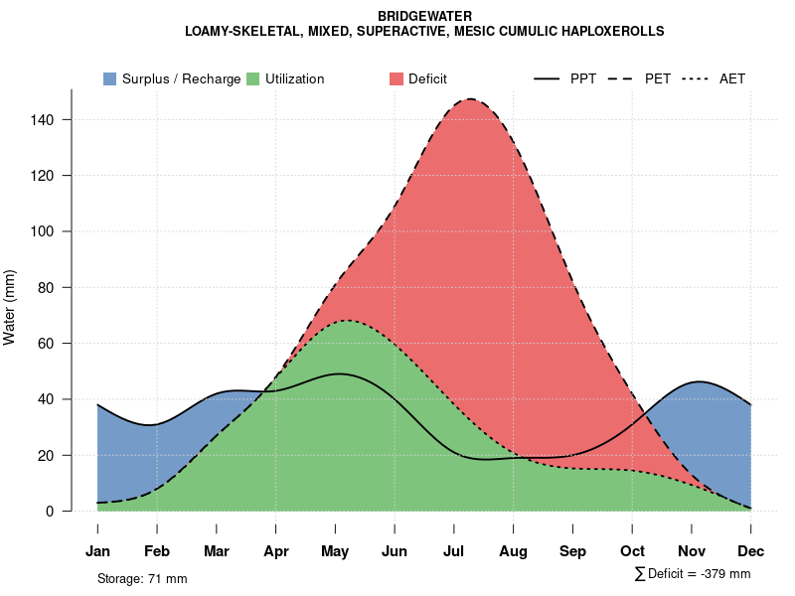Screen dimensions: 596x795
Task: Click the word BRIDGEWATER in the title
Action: pyautogui.click(x=424, y=17)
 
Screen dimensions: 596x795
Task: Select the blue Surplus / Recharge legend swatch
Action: pyautogui.click(x=110, y=78)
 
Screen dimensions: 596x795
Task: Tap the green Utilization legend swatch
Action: pyautogui.click(x=252, y=78)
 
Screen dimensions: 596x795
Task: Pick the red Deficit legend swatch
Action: pyautogui.click(x=396, y=78)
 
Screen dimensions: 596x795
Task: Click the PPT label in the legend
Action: pyautogui.click(x=583, y=78)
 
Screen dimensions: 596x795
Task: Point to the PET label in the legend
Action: pyautogui.click(x=658, y=78)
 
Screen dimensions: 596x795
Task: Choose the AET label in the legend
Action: pyautogui.click(x=732, y=78)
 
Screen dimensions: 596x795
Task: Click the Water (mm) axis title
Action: pyautogui.click(x=11, y=307)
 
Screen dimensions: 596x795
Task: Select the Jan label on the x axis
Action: pyautogui.click(x=97, y=551)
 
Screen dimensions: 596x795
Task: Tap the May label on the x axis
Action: pyautogui.click(x=335, y=551)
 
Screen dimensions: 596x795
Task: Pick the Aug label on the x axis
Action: pyautogui.click(x=514, y=551)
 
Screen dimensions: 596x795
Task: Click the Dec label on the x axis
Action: pyautogui.click(x=751, y=551)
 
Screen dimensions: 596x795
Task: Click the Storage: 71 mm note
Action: pyautogui.click(x=142, y=578)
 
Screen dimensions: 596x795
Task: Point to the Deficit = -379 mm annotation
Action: pyautogui.click(x=699, y=574)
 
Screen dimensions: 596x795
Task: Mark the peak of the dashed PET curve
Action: pyautogui.click(x=469, y=99)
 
